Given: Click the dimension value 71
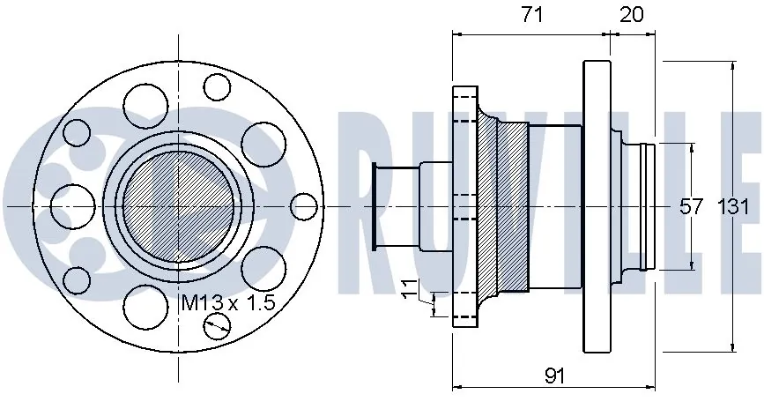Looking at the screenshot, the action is click(532, 15).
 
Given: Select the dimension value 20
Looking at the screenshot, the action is click(632, 15).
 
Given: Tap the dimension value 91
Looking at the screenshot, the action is click(554, 376).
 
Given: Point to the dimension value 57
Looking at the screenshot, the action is click(692, 206).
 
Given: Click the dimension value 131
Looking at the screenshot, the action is click(733, 206).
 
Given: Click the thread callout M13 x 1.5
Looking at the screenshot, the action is click(228, 302).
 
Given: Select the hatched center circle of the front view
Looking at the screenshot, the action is click(179, 206).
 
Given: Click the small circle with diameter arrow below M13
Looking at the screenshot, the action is click(217, 325).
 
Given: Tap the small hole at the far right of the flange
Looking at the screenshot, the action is click(304, 206).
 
